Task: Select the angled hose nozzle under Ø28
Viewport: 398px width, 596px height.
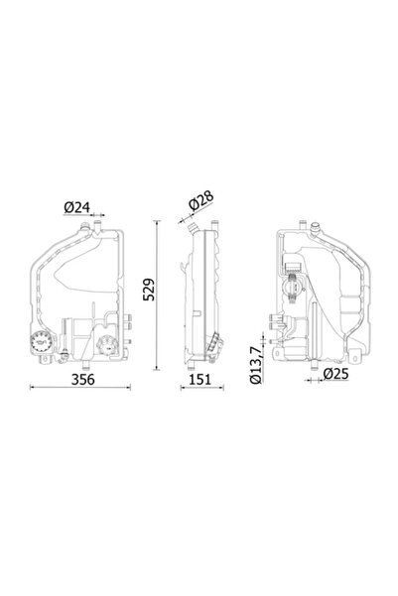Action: pos(188,227)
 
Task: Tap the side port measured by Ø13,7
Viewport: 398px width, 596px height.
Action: pos(271,322)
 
